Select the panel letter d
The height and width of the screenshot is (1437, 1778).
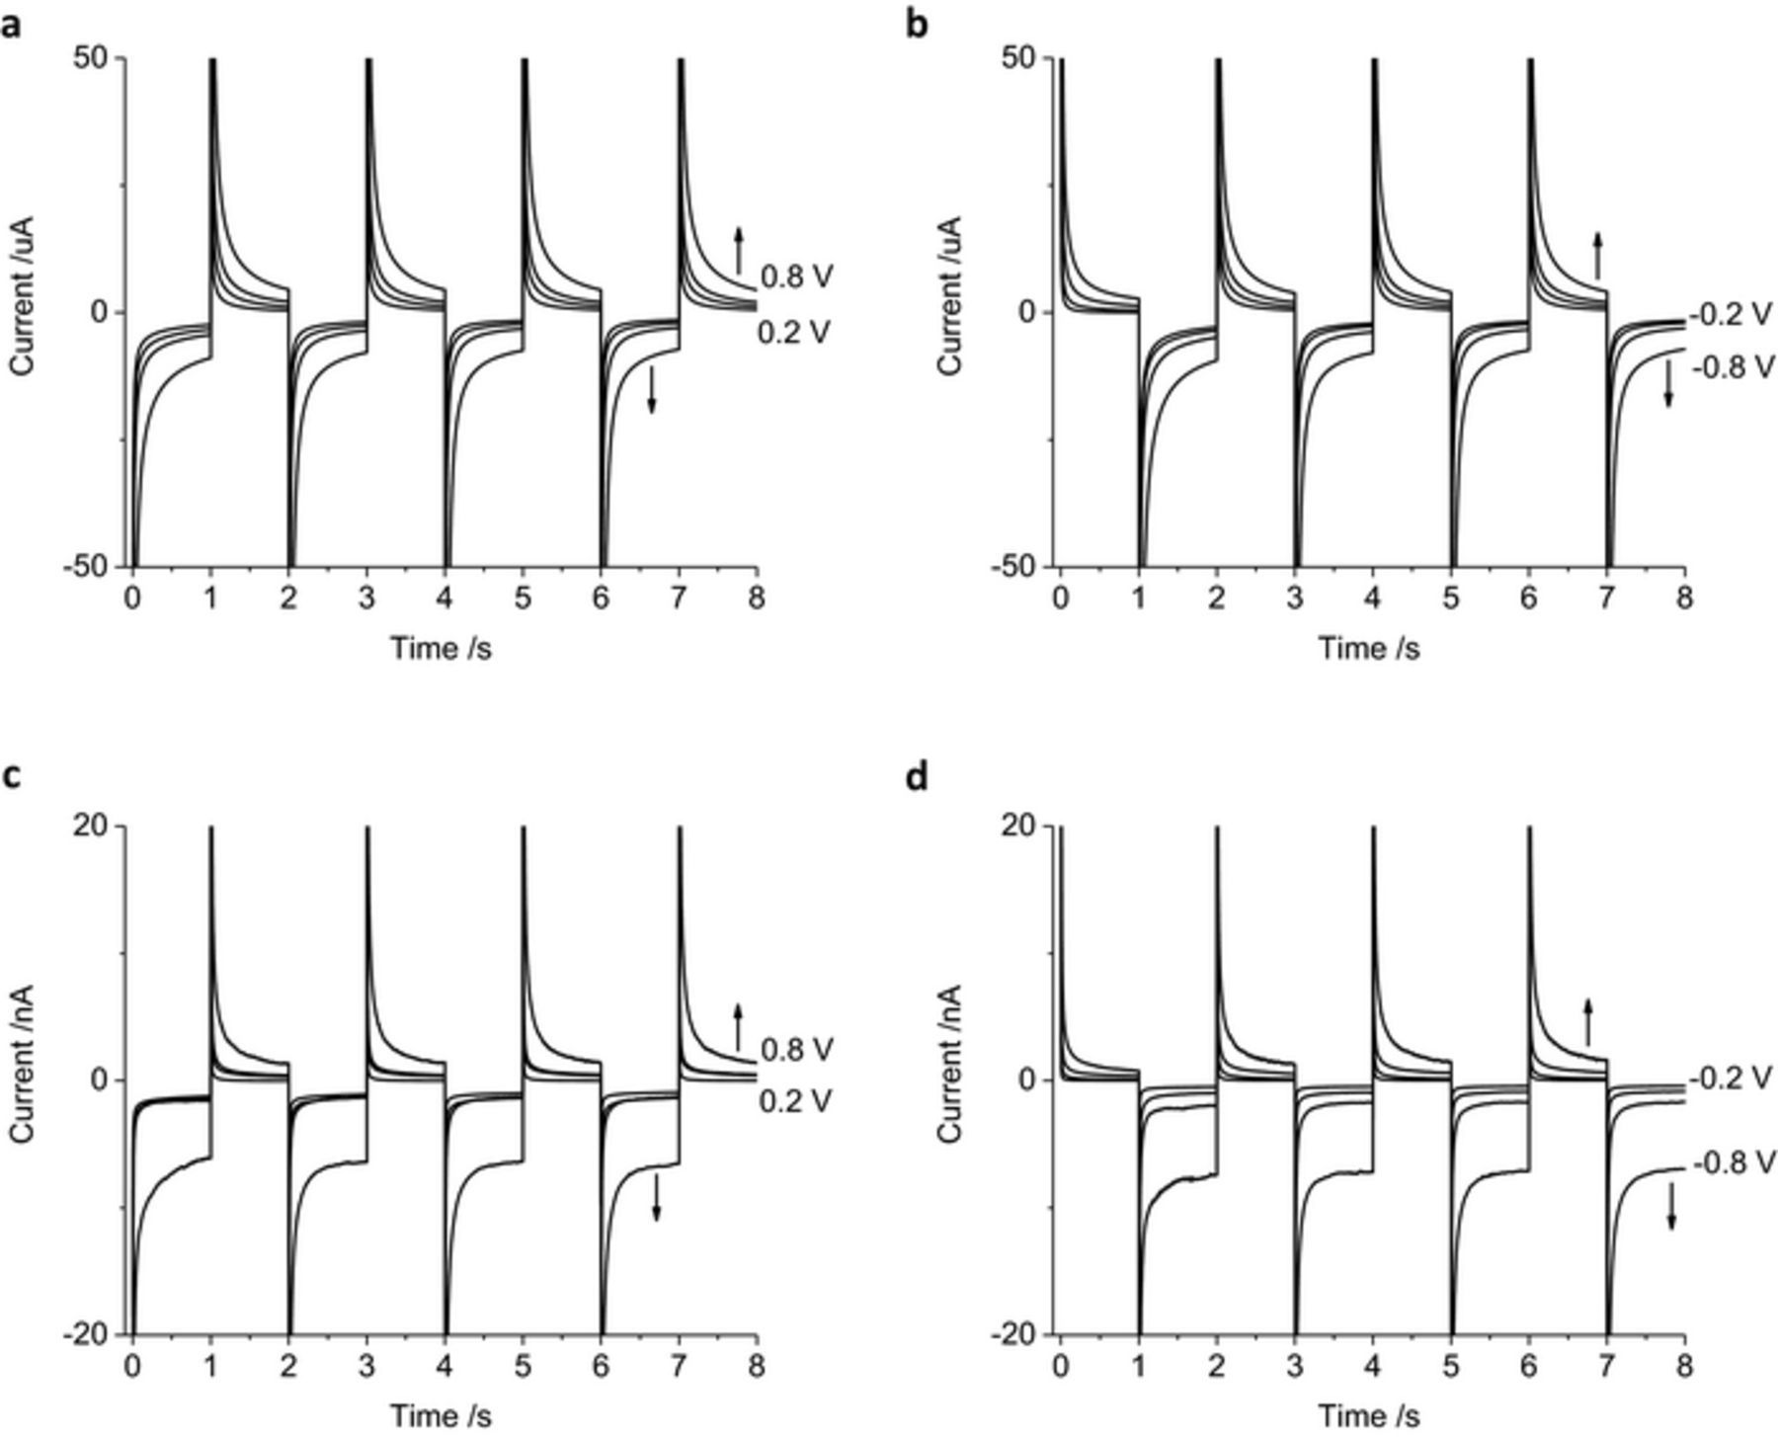click(917, 778)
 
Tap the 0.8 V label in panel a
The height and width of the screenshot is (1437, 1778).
click(796, 277)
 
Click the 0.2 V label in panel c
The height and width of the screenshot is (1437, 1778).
click(796, 1100)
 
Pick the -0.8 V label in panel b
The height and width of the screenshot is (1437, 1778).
click(1733, 367)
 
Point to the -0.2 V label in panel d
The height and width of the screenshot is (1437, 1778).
click(1733, 1078)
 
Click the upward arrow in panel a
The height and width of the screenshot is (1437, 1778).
click(738, 250)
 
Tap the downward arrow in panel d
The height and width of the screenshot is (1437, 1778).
click(1671, 1207)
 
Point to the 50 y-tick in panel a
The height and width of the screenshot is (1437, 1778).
click(96, 58)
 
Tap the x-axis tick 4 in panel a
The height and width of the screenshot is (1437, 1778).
click(444, 599)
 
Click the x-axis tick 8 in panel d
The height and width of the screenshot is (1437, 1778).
click(1684, 1366)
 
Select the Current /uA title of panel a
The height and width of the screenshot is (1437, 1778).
click(22, 296)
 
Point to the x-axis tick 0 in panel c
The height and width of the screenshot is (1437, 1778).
click(132, 1366)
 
